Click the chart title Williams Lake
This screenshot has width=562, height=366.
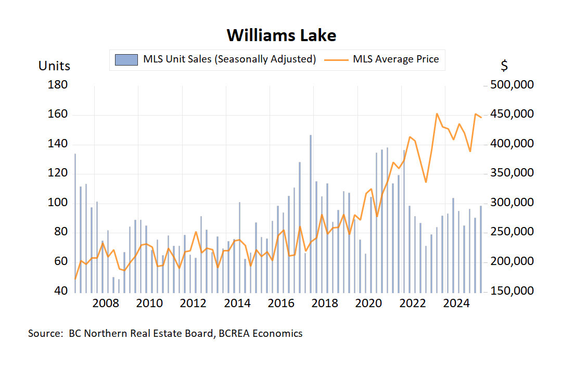click(x=281, y=35)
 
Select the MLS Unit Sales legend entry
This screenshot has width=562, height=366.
click(x=216, y=59)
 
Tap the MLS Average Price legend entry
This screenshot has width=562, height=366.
click(x=382, y=59)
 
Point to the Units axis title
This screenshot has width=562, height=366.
click(x=54, y=66)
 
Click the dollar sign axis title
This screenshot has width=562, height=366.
click(x=504, y=66)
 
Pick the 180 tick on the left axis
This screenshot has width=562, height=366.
click(x=58, y=85)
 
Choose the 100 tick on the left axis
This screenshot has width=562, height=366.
click(x=58, y=203)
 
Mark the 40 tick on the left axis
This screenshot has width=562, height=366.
click(x=61, y=291)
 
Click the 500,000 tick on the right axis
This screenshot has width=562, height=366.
click(x=513, y=85)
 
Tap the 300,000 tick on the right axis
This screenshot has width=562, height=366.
click(x=513, y=203)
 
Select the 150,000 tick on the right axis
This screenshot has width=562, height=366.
click(x=513, y=291)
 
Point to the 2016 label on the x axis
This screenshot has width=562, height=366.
click(x=281, y=304)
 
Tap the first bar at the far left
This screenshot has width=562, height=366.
click(x=75, y=221)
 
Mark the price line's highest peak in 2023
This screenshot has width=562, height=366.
click(x=437, y=113)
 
